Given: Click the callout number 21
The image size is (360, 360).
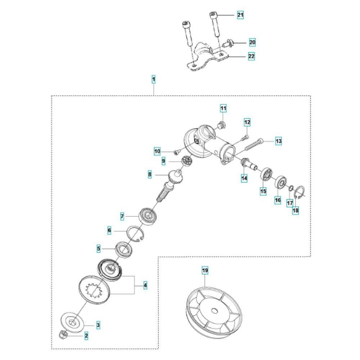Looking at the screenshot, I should (x=240, y=15).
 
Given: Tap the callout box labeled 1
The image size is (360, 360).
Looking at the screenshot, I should (x=154, y=78).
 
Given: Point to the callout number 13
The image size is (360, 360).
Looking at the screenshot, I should (x=278, y=141).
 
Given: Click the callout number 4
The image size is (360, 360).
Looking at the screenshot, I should (x=145, y=285).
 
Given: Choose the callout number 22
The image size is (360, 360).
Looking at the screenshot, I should (x=251, y=57).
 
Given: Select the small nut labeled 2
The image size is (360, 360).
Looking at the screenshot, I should (x=62, y=336).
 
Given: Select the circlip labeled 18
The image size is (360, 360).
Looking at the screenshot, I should (x=300, y=194).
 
